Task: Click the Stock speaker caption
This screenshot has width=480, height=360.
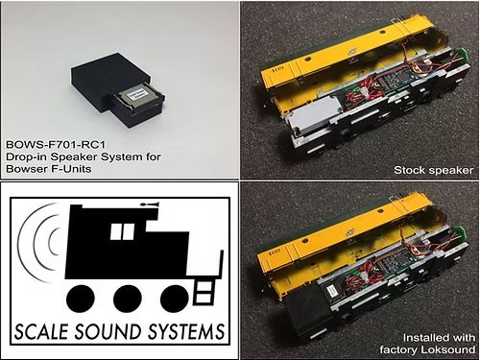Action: [435, 170]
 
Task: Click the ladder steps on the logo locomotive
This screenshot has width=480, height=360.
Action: [204, 285]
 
